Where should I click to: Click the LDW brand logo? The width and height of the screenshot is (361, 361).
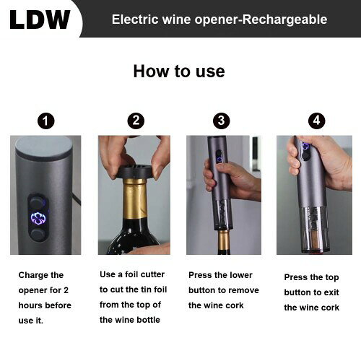(40, 19)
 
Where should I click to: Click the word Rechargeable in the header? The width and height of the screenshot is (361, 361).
(284, 19)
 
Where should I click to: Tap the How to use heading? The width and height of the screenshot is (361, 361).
(179, 71)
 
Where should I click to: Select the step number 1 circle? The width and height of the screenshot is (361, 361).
(46, 121)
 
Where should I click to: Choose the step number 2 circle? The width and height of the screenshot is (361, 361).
(136, 121)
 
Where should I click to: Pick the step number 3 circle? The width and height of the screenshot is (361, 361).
(222, 121)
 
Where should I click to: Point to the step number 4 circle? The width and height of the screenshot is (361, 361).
(317, 121)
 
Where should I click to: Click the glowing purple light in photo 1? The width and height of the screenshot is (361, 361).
(38, 218)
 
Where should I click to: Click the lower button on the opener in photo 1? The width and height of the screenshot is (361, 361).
(38, 235)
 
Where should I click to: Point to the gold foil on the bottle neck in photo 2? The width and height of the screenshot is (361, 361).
(135, 199)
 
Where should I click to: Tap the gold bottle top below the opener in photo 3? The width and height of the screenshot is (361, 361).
(224, 241)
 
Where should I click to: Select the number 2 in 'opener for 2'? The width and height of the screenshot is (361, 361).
(66, 290)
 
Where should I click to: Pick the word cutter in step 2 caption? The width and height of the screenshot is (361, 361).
(152, 274)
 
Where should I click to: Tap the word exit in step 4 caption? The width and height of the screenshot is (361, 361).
(331, 292)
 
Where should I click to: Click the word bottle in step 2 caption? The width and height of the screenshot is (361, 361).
(148, 320)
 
